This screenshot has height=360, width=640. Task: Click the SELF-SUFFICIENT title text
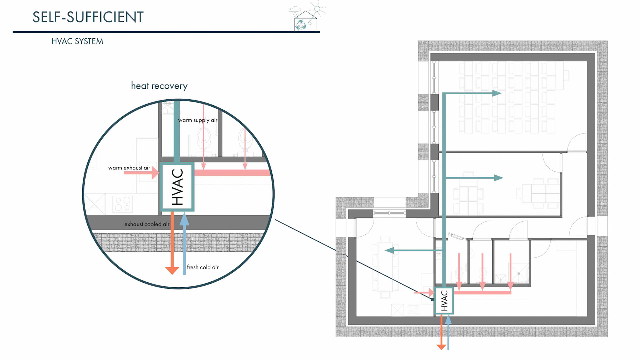(x=88, y=17)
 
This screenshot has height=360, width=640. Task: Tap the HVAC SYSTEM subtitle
(x=77, y=41)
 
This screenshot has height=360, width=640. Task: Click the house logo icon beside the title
(x=305, y=21)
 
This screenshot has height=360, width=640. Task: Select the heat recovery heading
(x=159, y=86)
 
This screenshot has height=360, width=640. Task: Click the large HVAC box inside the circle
(x=177, y=187)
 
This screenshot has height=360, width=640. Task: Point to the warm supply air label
(x=198, y=120)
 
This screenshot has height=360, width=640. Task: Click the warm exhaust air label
(x=129, y=168)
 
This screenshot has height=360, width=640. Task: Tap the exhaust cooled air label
(x=147, y=224)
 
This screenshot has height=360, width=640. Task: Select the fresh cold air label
(x=203, y=267)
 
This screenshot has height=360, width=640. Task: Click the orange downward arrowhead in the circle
(x=172, y=270)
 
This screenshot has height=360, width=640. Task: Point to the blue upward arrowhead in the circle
(x=184, y=220)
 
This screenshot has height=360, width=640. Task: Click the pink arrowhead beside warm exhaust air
(x=155, y=173)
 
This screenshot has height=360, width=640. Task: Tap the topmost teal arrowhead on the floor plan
(x=497, y=93)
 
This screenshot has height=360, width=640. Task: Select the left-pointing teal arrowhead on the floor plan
(x=389, y=250)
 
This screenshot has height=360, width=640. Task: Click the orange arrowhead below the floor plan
(x=441, y=347)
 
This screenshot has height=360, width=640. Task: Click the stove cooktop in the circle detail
(x=123, y=204)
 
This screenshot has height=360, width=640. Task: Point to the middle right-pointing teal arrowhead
(x=498, y=178)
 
